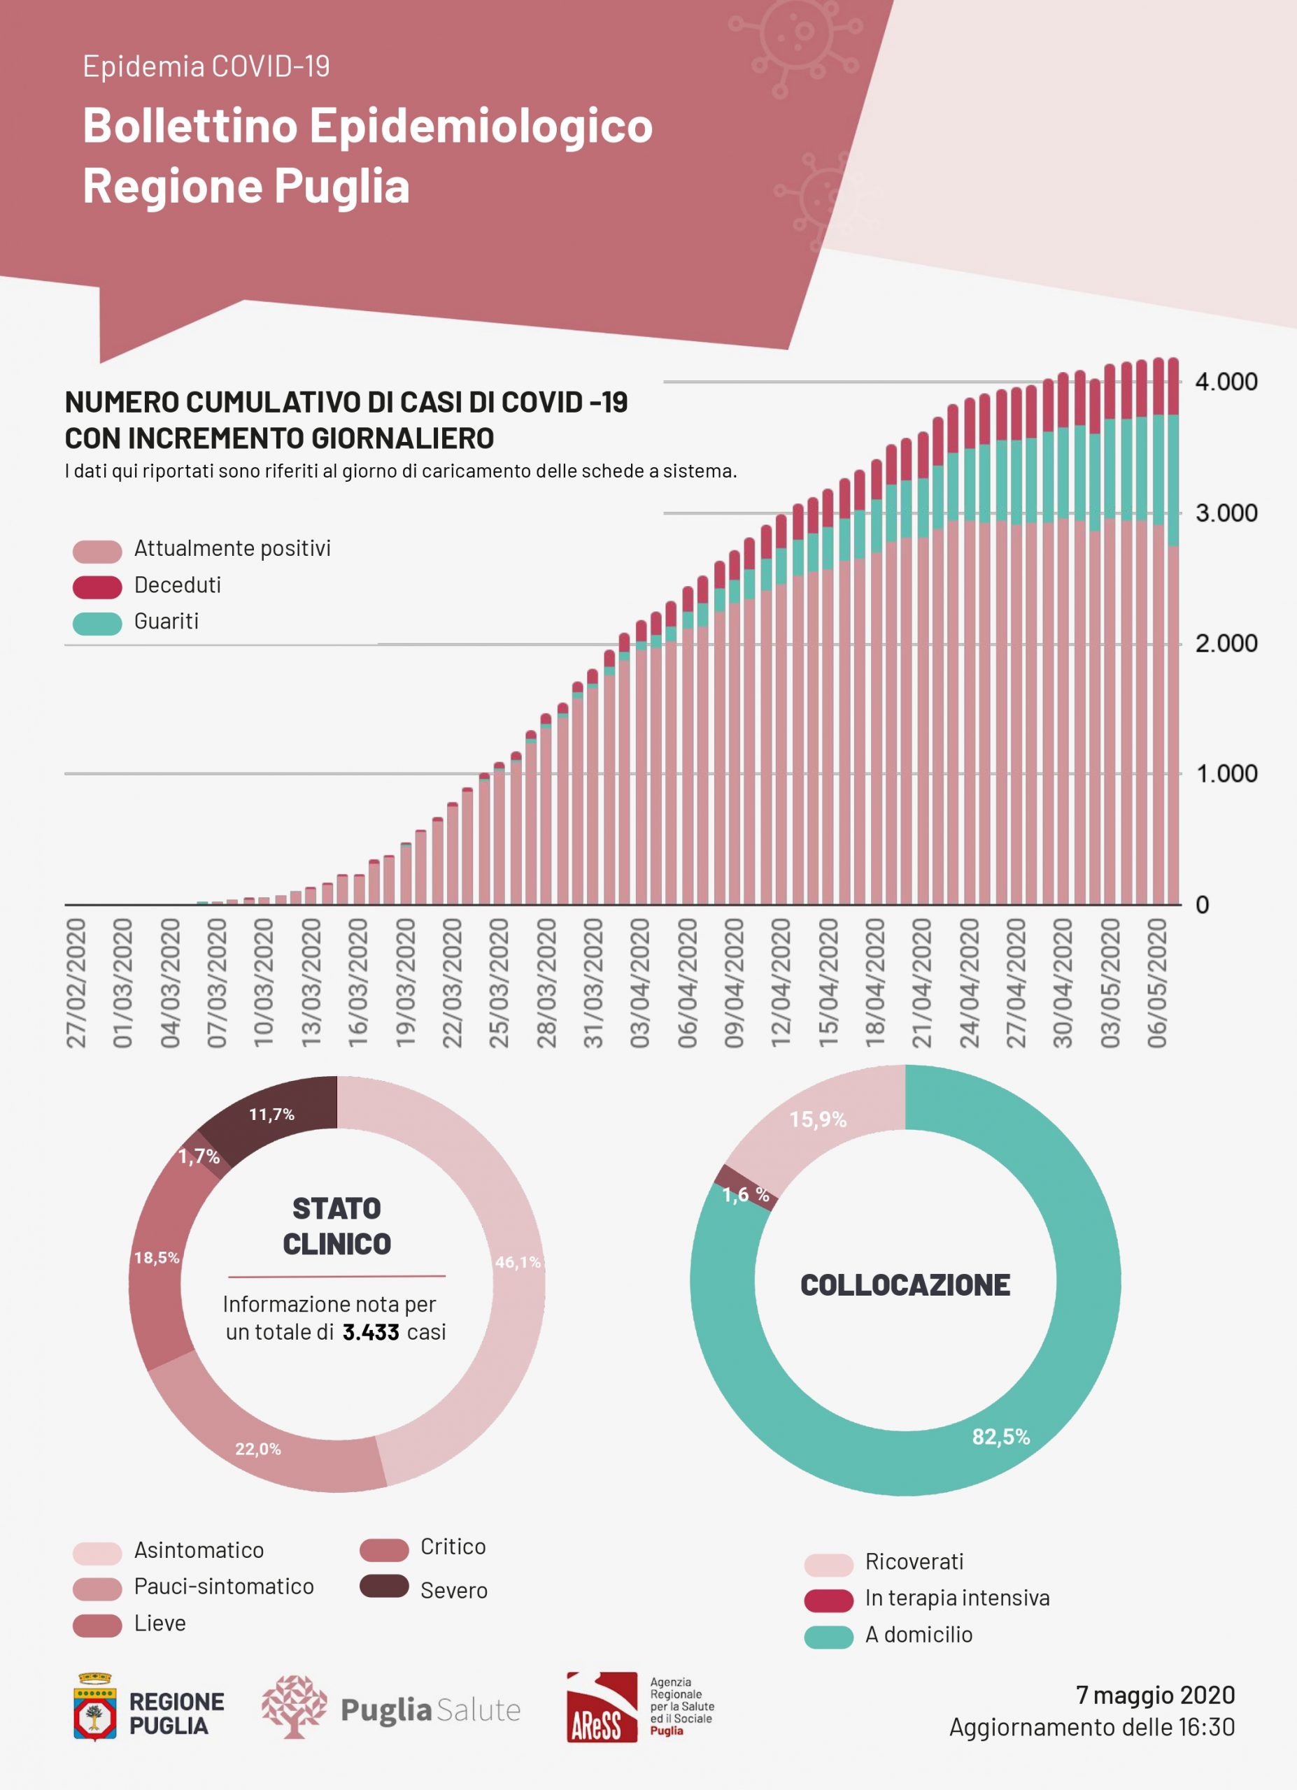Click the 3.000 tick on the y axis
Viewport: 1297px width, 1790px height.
(1225, 513)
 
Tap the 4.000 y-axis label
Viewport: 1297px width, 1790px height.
(1225, 382)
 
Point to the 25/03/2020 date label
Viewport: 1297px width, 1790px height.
(499, 982)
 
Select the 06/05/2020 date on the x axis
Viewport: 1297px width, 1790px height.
(1156, 982)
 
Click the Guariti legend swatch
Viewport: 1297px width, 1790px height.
(97, 624)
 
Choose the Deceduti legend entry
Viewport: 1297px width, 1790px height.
(177, 585)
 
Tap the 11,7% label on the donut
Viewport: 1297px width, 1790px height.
(271, 1115)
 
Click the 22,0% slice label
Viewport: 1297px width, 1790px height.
(258, 1448)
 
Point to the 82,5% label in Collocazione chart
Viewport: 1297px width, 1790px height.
(1000, 1436)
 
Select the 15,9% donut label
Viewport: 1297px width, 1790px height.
(818, 1119)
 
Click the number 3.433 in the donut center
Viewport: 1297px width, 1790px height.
(370, 1332)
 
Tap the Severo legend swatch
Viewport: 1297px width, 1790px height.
(383, 1586)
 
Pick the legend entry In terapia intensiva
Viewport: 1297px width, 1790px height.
(957, 1598)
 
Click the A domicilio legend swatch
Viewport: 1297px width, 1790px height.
(828, 1637)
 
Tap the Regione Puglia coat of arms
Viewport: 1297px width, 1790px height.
(94, 1707)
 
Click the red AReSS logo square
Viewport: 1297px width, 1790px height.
(602, 1707)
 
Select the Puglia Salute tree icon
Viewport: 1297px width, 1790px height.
(294, 1706)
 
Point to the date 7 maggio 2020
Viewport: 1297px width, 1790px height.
(1155, 1694)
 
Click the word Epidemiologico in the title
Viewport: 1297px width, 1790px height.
(481, 127)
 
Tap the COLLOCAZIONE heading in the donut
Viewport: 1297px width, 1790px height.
(905, 1285)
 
